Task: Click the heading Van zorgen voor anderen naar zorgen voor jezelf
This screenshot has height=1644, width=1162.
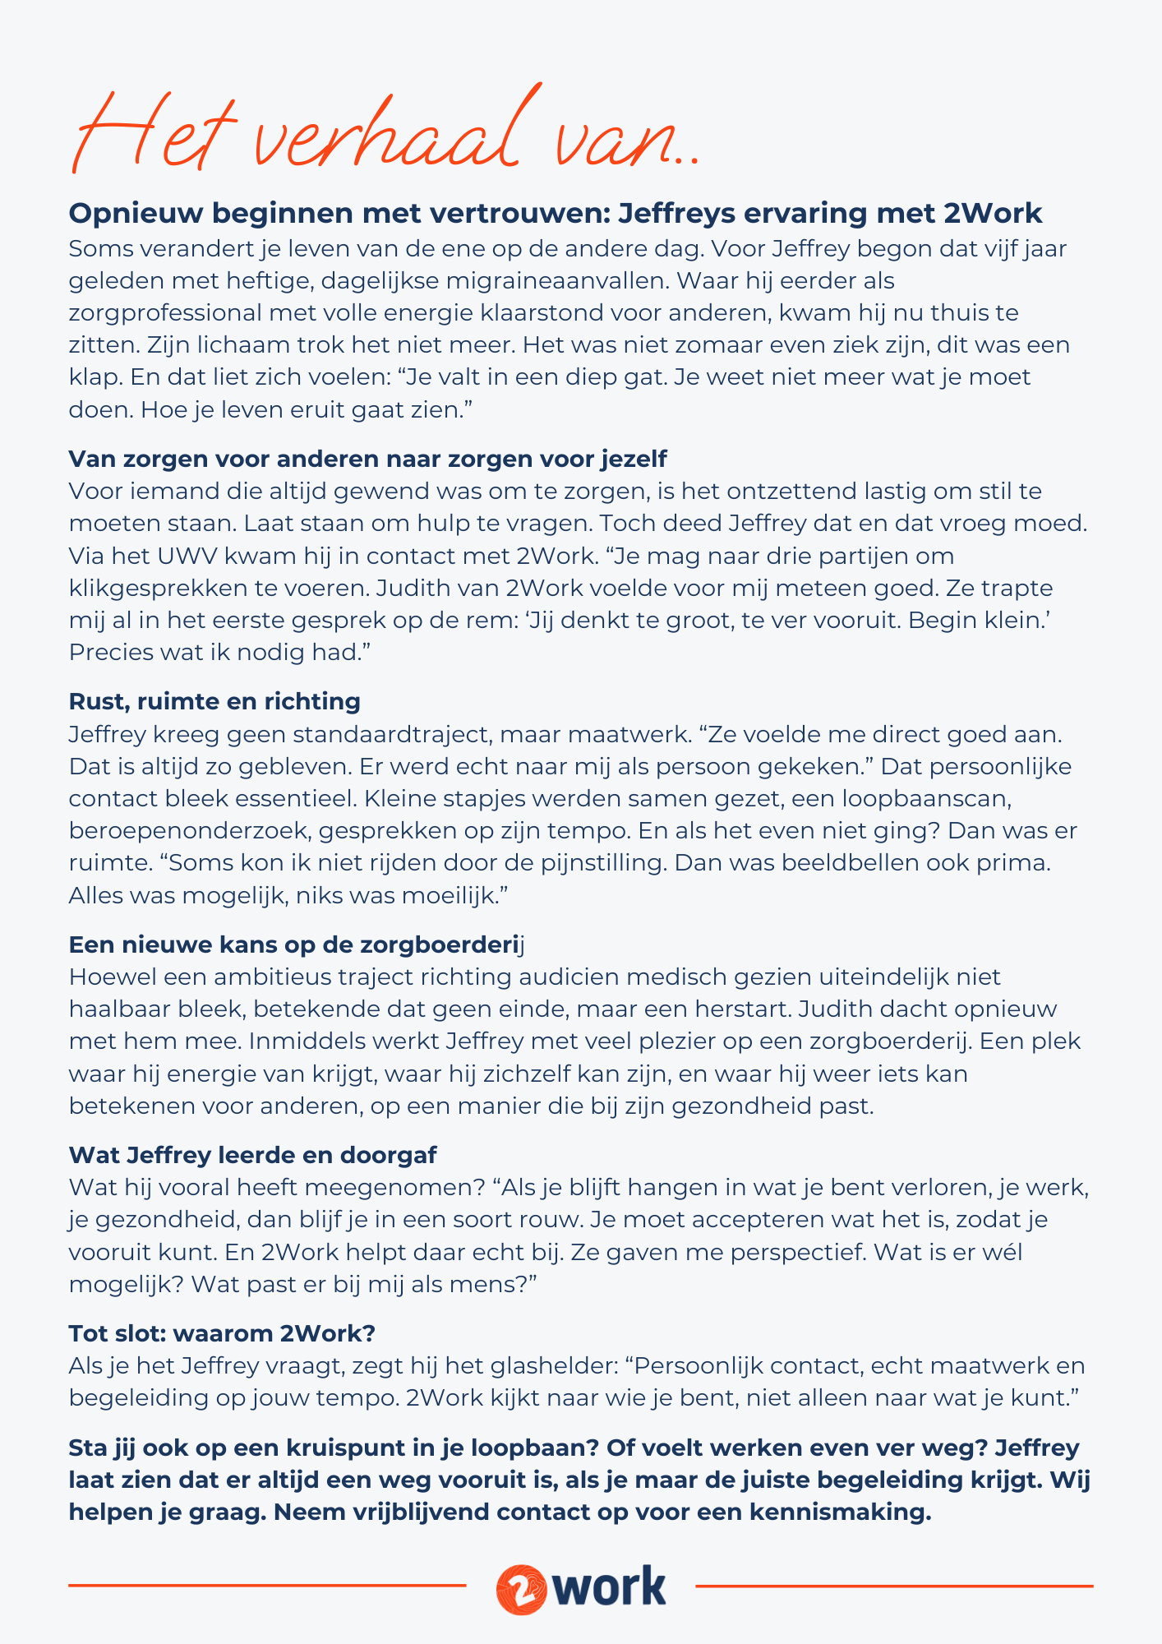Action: click(x=367, y=458)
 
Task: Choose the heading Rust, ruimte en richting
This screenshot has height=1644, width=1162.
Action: click(x=214, y=701)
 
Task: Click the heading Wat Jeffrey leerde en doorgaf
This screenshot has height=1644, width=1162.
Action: click(x=252, y=1154)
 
